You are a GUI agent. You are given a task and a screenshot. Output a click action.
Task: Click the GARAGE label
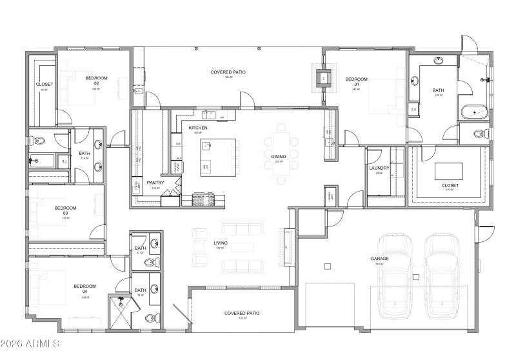pyautogui.click(x=379, y=259)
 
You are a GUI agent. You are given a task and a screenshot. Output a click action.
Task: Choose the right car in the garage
pyautogui.click(x=443, y=274)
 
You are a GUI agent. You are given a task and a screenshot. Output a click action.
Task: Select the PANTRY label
pyautogui.click(x=155, y=183)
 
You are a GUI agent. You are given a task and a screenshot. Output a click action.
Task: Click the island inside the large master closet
pyautogui.click(x=449, y=170)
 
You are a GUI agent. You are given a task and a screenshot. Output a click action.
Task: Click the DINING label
pyautogui.click(x=278, y=157)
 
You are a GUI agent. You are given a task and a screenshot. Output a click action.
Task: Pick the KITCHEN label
pyautogui.click(x=198, y=128)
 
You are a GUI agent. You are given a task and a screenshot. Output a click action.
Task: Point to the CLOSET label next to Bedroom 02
pyautogui.click(x=45, y=85)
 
